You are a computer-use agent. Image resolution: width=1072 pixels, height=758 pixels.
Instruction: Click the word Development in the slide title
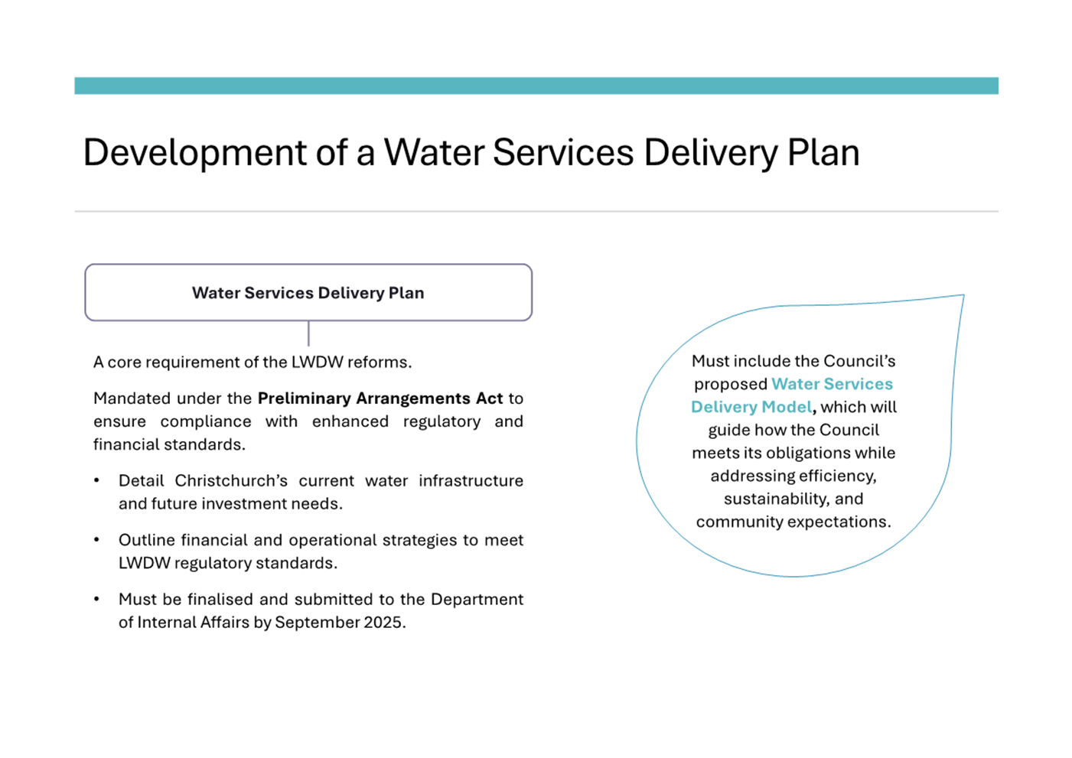click(194, 152)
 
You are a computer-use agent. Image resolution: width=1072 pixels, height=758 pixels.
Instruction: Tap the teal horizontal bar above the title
click(536, 86)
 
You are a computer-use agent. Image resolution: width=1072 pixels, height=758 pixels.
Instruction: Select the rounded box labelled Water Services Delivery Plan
click(308, 292)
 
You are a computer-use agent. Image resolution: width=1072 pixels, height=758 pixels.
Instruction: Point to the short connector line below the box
click(308, 333)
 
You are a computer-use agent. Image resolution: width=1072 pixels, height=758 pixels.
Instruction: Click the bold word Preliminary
click(304, 399)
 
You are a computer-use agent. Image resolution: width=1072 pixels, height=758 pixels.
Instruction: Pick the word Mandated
click(129, 399)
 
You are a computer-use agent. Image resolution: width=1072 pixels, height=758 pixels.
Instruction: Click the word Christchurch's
click(231, 481)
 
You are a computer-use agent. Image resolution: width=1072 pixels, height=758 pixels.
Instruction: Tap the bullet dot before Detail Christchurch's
click(96, 481)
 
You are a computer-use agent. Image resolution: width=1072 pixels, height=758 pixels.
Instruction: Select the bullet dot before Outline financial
click(96, 540)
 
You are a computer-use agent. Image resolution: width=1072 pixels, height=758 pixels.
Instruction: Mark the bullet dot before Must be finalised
click(96, 600)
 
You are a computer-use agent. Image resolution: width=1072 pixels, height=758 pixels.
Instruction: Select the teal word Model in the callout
click(788, 407)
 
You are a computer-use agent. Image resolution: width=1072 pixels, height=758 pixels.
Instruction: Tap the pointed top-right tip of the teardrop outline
click(963, 295)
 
